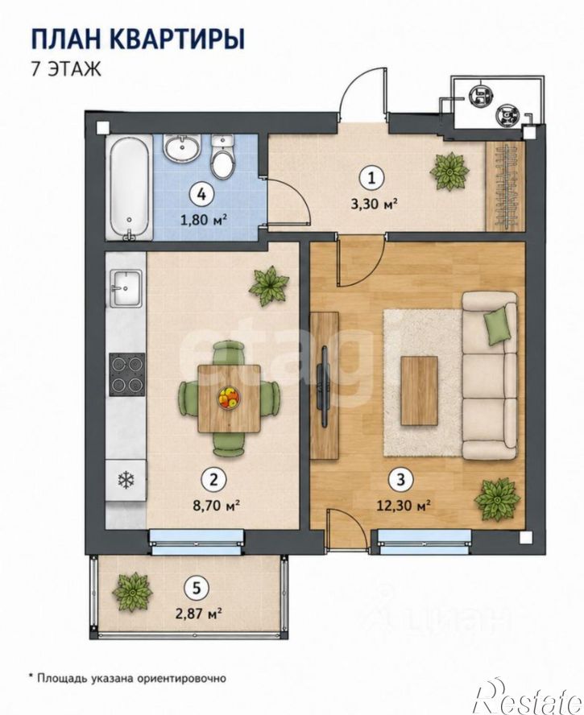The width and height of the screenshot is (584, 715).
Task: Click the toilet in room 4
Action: click(222, 157)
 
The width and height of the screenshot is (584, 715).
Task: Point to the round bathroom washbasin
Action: click(181, 148)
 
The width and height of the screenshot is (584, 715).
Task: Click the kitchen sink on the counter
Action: click(126, 288)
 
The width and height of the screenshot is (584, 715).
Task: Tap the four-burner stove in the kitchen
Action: click(126, 374)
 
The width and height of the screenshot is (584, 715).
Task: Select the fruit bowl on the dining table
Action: click(229, 398)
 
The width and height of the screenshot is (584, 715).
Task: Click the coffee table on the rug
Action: click(420, 391)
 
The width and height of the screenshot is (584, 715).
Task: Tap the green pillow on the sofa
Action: click(497, 325)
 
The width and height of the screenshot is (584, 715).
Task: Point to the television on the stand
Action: click(325, 386)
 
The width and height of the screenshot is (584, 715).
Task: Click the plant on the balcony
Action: click(132, 592)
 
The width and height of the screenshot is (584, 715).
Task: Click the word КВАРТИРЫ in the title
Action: click(178, 39)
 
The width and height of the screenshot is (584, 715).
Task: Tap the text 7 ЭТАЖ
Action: click(66, 70)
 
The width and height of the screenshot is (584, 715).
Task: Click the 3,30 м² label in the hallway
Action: click(371, 204)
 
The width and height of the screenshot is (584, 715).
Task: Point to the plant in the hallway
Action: click(449, 171)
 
